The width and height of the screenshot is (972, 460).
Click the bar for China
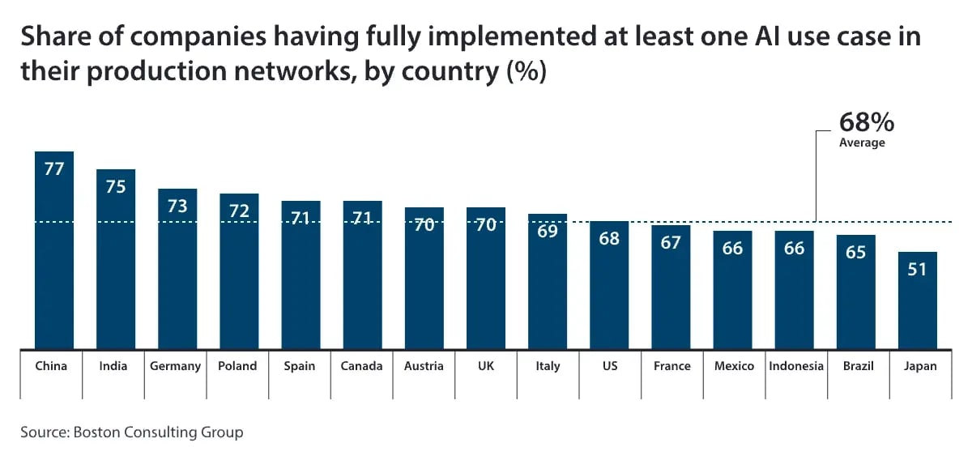[x=54, y=251]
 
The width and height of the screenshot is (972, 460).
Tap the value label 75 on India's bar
[x=116, y=186]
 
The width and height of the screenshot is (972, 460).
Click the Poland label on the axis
[x=238, y=366]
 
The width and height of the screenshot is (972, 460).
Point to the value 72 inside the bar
[x=239, y=211]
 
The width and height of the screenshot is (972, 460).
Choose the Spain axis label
[x=300, y=366]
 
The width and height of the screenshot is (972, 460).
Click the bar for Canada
[x=362, y=275]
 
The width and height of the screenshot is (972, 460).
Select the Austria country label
[x=424, y=366]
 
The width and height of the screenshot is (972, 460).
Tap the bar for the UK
[x=486, y=279]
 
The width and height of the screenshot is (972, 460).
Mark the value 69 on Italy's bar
[x=548, y=231]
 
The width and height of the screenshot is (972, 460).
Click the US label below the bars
[x=610, y=366]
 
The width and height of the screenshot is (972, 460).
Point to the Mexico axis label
[x=734, y=366]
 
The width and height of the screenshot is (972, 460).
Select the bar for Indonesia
[x=795, y=291]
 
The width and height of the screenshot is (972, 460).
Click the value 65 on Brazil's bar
[x=855, y=252]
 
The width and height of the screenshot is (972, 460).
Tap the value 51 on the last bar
[x=917, y=269]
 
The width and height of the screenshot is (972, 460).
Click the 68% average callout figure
[x=866, y=123]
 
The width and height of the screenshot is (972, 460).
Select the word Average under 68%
[x=862, y=143]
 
